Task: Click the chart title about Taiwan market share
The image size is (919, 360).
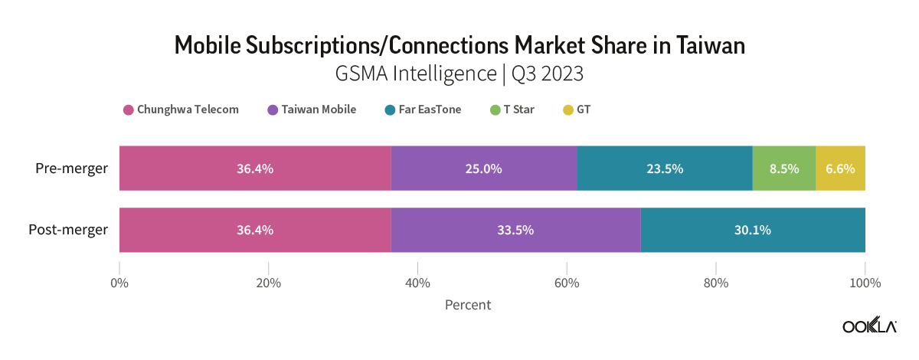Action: [459, 46]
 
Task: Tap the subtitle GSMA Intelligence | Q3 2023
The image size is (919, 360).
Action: [459, 74]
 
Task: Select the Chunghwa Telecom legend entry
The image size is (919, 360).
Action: [182, 110]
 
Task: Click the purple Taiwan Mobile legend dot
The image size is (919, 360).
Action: [273, 110]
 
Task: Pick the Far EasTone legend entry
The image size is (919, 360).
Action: [423, 110]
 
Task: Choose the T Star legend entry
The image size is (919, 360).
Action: [512, 110]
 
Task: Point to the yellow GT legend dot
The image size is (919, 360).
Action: [567, 110]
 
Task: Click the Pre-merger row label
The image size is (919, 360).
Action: [72, 168]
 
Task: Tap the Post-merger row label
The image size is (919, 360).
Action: [68, 229]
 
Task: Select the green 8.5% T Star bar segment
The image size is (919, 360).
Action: [783, 168]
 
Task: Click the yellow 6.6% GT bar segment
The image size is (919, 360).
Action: [840, 168]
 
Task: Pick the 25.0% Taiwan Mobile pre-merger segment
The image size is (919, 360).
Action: [483, 168]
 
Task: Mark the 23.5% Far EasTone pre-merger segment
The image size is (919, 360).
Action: [664, 168]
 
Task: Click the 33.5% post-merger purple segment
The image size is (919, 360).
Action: [515, 229]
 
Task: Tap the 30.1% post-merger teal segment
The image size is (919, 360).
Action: [752, 229]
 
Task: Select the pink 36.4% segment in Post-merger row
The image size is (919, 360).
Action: [255, 229]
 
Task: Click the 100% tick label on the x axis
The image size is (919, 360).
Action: [865, 283]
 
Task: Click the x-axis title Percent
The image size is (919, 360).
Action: [467, 305]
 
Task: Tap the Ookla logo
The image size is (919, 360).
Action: [869, 326]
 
